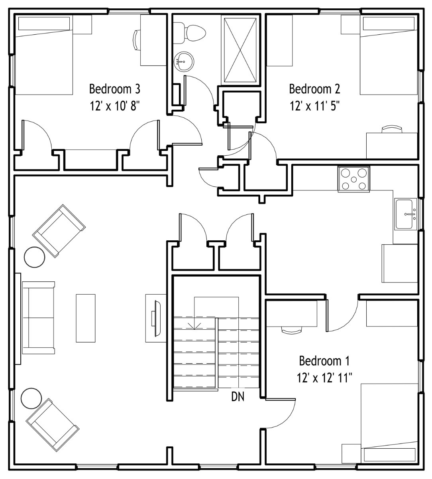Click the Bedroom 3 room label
(x=114, y=89)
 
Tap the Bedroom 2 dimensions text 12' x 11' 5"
(x=315, y=105)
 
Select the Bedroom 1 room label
(x=324, y=361)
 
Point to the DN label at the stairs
(x=238, y=397)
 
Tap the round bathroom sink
(x=184, y=61)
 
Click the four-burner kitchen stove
(x=354, y=179)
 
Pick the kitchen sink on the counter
(x=406, y=214)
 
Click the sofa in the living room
(x=38, y=317)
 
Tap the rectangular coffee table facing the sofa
(x=86, y=318)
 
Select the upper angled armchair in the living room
(x=59, y=231)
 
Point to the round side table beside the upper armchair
(x=35, y=257)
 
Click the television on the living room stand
(x=156, y=318)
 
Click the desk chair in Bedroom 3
(x=135, y=40)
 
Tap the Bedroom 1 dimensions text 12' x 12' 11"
(x=324, y=378)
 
